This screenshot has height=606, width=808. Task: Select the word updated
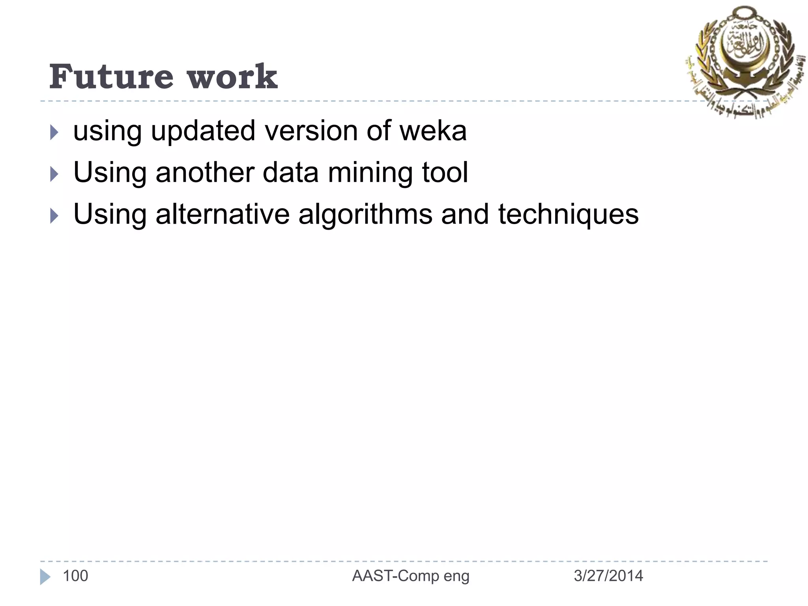tap(203, 131)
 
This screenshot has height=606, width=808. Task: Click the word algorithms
tap(365, 215)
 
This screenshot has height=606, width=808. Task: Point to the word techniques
tap(568, 215)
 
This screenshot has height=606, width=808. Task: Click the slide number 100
tap(75, 576)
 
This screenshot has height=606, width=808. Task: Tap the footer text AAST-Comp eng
tap(411, 576)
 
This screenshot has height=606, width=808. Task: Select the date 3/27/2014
tap(608, 576)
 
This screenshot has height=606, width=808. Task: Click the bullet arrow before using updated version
tap(54, 133)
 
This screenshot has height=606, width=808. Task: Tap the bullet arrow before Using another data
tap(54, 174)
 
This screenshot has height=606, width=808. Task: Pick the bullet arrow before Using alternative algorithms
tap(54, 216)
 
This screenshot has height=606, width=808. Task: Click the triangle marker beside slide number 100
tap(45, 577)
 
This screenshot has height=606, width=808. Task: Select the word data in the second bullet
tap(290, 173)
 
